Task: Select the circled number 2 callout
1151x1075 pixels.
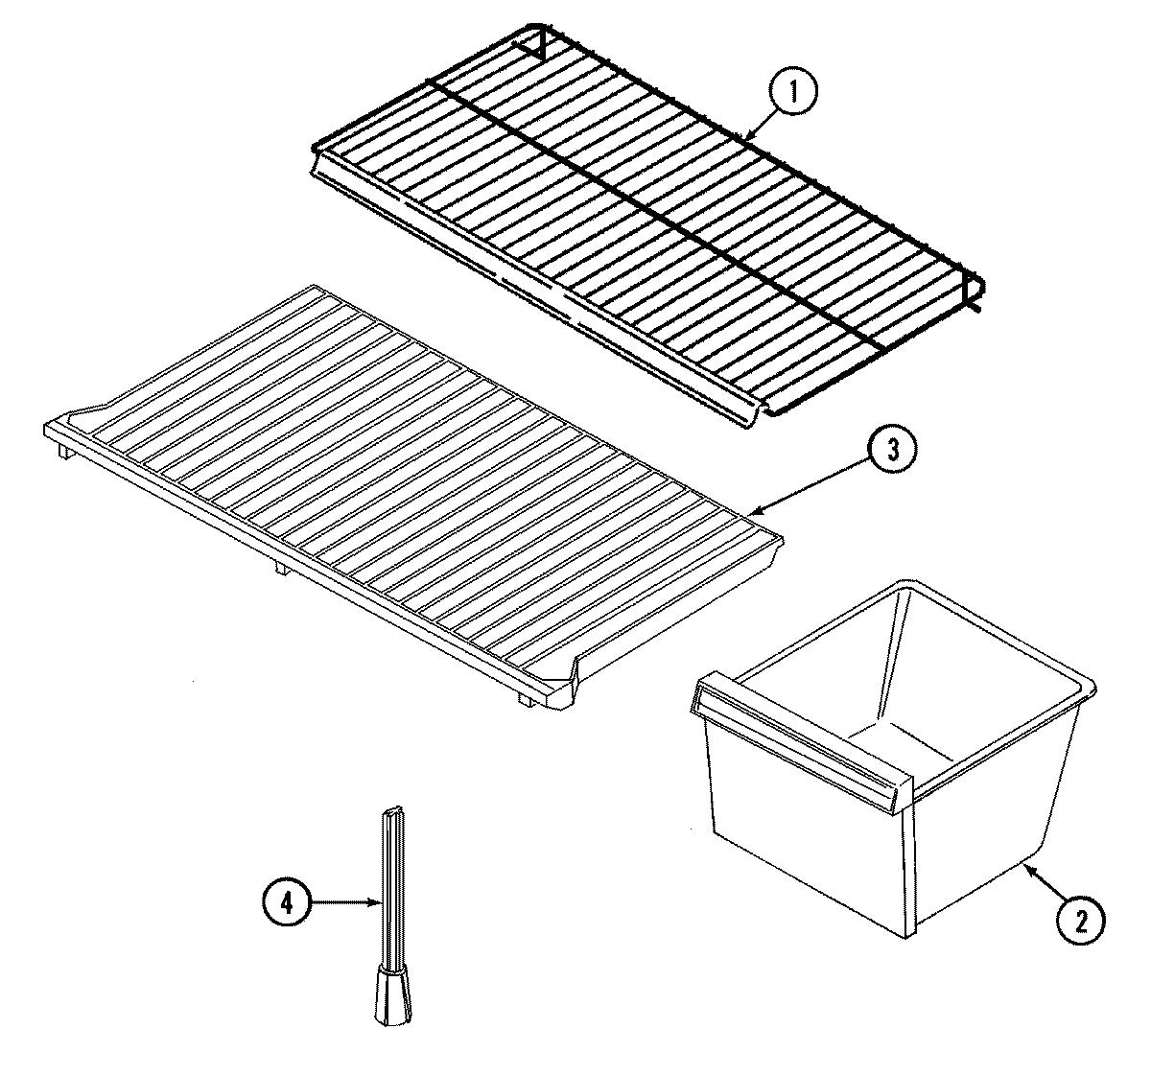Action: click(x=1080, y=921)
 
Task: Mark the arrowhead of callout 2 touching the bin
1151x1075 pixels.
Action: click(x=1024, y=865)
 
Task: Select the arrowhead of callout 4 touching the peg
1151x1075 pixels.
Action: click(x=382, y=901)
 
